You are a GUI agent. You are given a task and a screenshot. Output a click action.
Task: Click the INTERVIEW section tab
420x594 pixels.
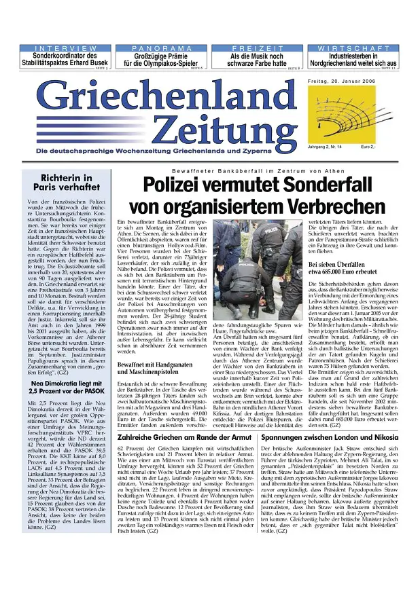pos(65,48)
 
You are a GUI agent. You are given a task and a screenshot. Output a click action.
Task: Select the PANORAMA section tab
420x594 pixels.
pos(161,48)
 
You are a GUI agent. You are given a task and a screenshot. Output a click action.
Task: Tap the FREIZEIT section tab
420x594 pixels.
pos(257,48)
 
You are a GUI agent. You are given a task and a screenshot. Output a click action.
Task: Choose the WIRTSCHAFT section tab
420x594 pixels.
pos(354,48)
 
